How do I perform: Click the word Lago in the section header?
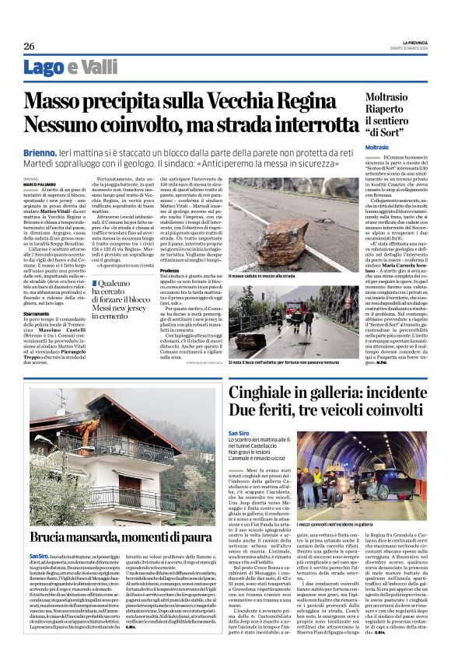pyautogui.click(x=44, y=68)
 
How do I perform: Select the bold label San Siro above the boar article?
pyautogui.click(x=239, y=433)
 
